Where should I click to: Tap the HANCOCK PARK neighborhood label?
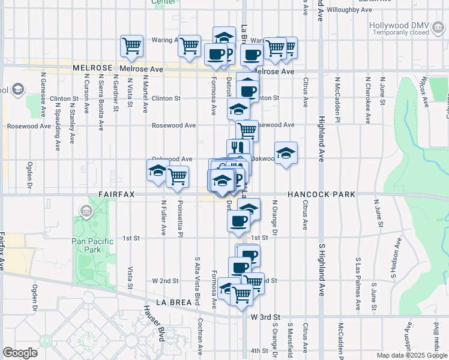point(321,195)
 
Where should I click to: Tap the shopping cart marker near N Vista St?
point(131,46)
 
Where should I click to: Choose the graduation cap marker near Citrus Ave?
point(286,153)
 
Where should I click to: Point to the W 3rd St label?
point(265,316)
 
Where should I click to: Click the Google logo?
point(20,353)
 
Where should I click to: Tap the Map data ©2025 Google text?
point(411,355)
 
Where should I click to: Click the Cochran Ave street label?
point(201,334)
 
